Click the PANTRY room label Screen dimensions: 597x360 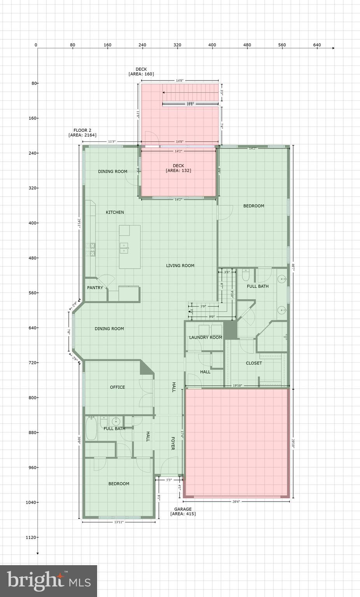click(x=95, y=288)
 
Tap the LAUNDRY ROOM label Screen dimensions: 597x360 click(x=206, y=337)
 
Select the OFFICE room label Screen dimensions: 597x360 click(x=117, y=387)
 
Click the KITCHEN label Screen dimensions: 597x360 click(x=115, y=212)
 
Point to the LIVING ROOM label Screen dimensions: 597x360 click(x=180, y=266)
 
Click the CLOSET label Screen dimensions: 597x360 click(x=254, y=363)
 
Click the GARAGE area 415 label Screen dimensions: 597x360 click(x=183, y=511)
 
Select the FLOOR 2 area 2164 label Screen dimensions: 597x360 click(x=82, y=133)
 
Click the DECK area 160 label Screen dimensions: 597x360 click(x=141, y=72)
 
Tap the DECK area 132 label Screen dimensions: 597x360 click(x=178, y=168)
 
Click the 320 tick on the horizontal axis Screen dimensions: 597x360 click(x=177, y=45)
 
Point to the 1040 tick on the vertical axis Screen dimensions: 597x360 click(x=31, y=502)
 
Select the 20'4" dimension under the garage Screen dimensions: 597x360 click(x=236, y=501)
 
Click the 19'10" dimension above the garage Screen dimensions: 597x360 click(x=237, y=386)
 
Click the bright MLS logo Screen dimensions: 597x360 click(x=49, y=581)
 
